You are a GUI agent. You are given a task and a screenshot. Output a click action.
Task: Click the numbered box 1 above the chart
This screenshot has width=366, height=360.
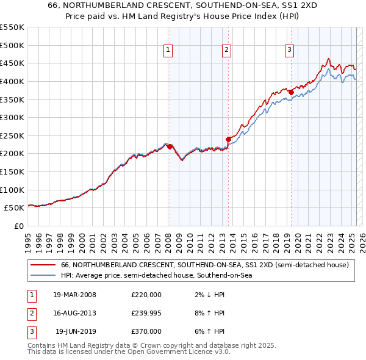[x=167, y=51]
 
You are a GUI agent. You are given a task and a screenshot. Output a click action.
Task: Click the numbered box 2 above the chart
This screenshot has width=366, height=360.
[x=226, y=51]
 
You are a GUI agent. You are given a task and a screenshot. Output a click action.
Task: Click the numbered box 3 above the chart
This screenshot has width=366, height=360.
[x=289, y=51]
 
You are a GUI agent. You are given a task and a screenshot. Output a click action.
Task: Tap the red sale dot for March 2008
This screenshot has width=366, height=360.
[x=169, y=146]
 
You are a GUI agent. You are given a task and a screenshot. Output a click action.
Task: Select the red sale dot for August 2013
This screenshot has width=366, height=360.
[x=228, y=139]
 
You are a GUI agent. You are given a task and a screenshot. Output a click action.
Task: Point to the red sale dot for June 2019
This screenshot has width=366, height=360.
[x=291, y=92]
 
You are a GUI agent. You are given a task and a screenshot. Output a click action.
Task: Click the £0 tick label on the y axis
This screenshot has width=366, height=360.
[x=18, y=226]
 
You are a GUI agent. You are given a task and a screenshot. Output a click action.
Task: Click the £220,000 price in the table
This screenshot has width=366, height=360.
[x=146, y=295]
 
